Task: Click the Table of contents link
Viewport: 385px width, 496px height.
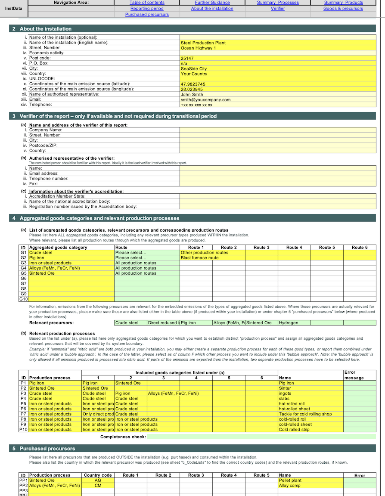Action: (x=147, y=3)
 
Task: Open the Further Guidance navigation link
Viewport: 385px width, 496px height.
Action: (x=212, y=3)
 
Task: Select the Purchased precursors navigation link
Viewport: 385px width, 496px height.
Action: (x=147, y=15)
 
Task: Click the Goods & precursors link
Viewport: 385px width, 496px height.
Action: (x=343, y=9)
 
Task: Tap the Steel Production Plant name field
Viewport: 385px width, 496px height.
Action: (x=203, y=43)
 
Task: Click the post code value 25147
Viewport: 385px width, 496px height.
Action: (x=187, y=58)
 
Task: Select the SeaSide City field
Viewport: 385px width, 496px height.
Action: (x=194, y=68)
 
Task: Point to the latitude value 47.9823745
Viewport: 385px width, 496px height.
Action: (x=193, y=84)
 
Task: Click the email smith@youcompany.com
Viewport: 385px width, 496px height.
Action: (x=205, y=99)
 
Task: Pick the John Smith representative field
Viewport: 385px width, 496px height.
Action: (x=192, y=94)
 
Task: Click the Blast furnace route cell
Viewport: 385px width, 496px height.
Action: (x=199, y=258)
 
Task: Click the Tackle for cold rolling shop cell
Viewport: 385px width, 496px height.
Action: (x=305, y=414)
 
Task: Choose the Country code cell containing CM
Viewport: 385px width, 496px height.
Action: (x=98, y=486)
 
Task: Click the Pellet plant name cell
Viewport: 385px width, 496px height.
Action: (x=290, y=480)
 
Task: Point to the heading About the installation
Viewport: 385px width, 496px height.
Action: (x=46, y=29)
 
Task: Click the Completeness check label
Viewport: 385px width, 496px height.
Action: (x=123, y=437)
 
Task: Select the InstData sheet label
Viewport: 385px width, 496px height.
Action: (x=14, y=9)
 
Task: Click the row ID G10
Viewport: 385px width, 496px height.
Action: (x=23, y=299)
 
